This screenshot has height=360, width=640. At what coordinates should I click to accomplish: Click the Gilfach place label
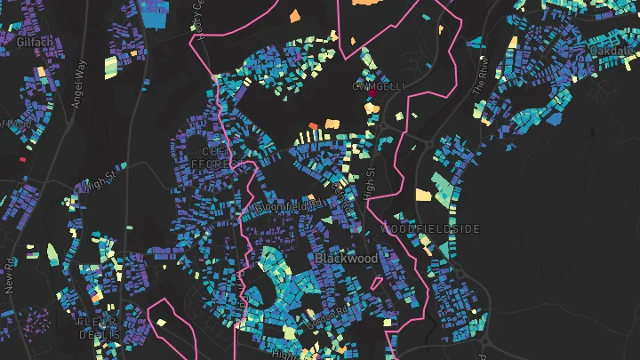point(33,43)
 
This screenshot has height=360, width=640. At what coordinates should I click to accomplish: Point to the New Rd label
point(11,276)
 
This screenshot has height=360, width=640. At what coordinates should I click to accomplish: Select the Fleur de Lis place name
point(100,328)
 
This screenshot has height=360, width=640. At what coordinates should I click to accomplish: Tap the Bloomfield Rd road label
point(290,206)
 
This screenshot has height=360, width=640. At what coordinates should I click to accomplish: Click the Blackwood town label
point(346,259)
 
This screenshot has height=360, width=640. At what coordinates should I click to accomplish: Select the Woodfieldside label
point(430,229)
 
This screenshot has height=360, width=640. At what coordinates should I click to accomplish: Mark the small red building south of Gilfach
point(23,159)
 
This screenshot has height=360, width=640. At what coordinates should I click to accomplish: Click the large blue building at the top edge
point(156,15)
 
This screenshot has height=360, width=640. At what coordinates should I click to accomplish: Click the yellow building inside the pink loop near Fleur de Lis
point(161,322)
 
